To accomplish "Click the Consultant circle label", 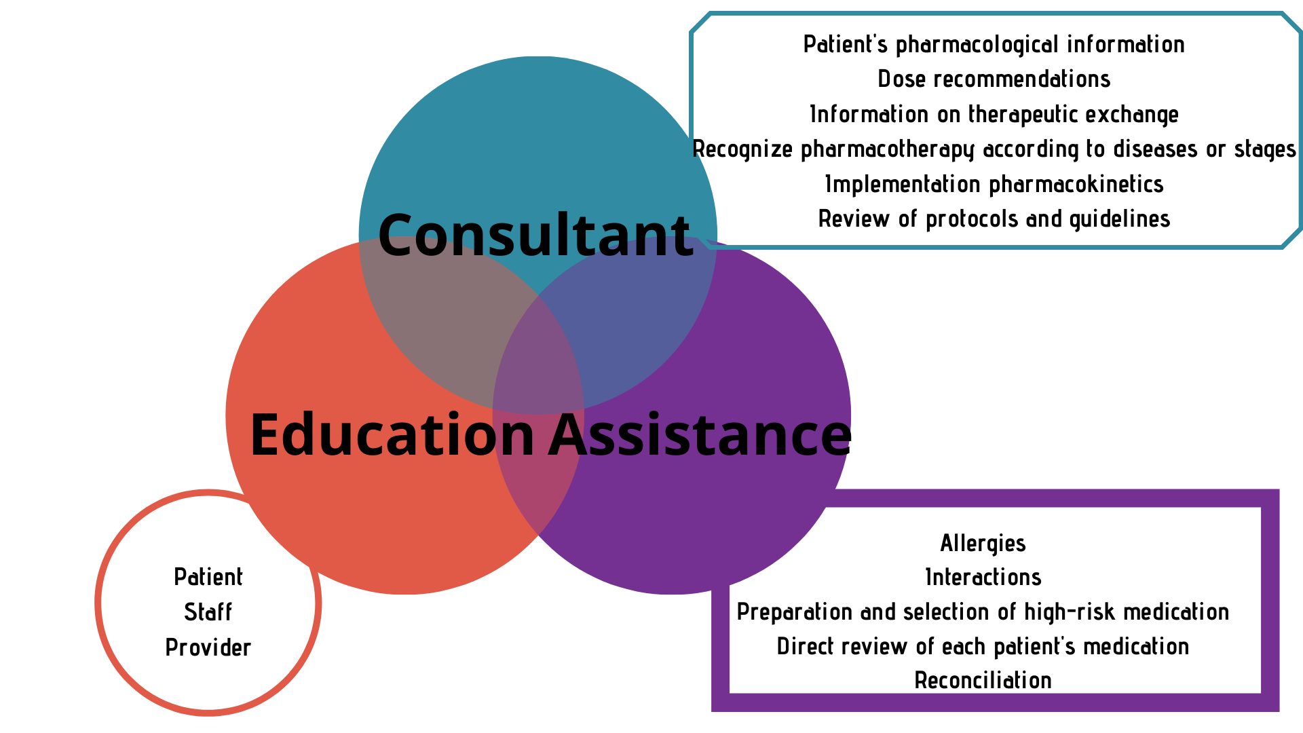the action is tap(535, 235).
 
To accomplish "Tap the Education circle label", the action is tap(392, 434).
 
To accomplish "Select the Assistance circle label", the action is tap(700, 434).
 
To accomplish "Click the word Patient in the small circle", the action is tap(208, 577).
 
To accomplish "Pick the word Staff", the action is tap(208, 612).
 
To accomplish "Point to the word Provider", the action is tap(208, 647).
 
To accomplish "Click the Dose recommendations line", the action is tap(994, 79).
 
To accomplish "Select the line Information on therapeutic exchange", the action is tap(994, 114).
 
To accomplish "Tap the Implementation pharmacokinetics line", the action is tap(994, 184).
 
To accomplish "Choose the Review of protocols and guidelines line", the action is tap(994, 219).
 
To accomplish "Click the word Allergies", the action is tap(983, 543).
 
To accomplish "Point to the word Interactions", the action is tap(983, 577).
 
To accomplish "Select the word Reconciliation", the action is tap(983, 680).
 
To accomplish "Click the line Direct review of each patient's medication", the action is tap(983, 646).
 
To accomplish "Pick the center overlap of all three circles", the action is tap(538, 353).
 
